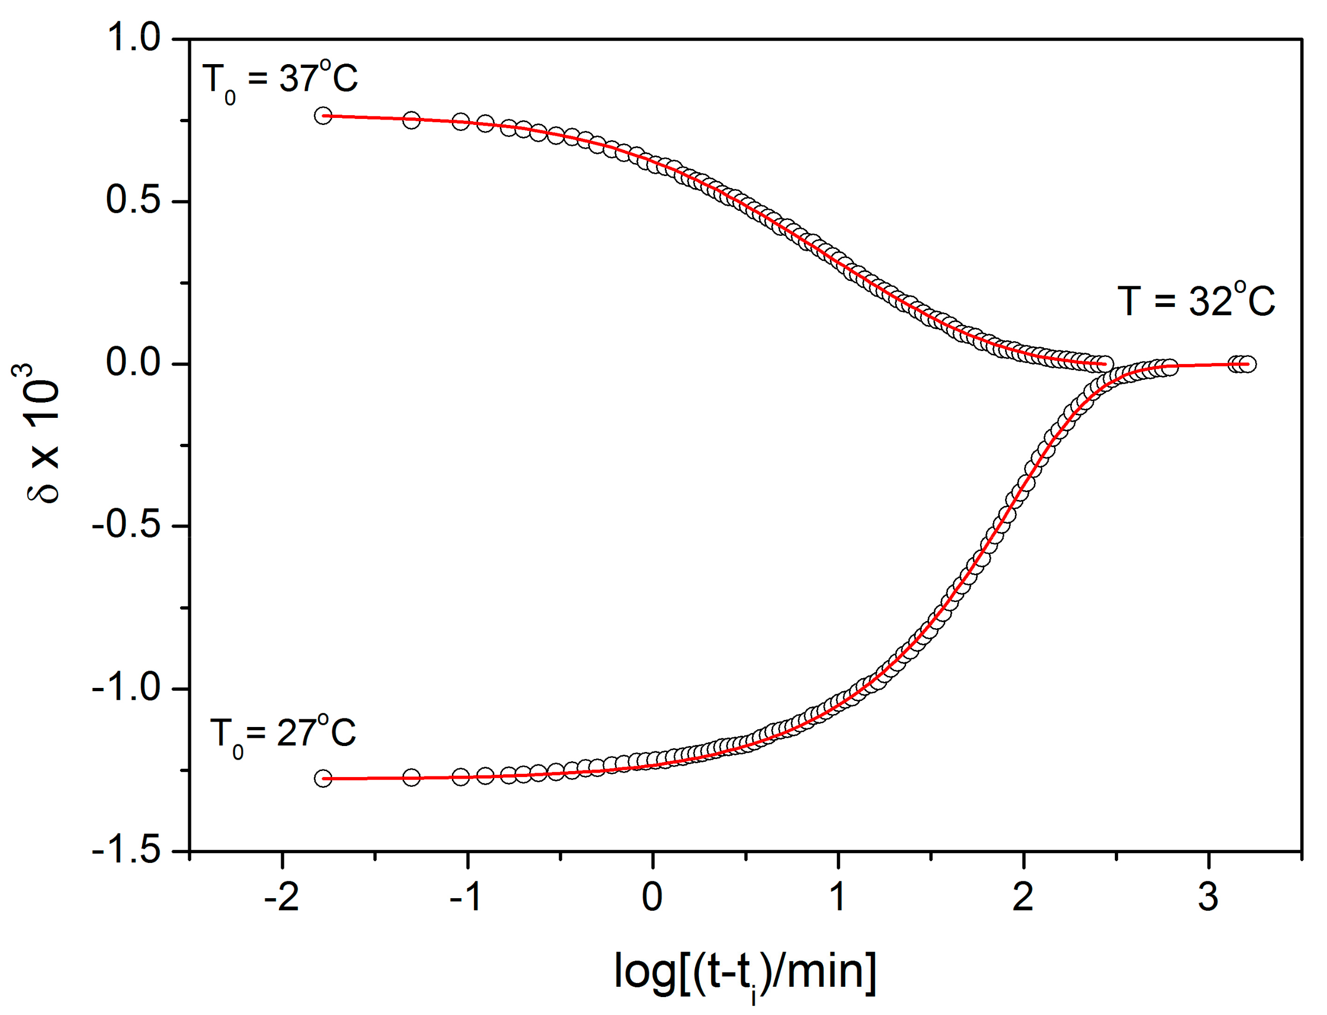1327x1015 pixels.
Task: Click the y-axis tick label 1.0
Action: point(133,37)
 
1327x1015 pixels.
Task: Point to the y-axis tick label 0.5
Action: point(133,200)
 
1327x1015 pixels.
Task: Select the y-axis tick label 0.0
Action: point(133,362)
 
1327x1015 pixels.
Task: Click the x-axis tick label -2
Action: point(282,897)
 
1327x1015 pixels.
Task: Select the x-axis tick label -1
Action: point(467,897)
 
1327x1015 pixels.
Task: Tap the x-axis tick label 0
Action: point(652,897)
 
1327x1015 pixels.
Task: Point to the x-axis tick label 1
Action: point(838,897)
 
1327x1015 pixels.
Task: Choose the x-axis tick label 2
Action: point(1023,897)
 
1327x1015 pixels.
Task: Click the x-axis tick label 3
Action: point(1208,897)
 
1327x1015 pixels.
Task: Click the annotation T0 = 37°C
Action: point(281,80)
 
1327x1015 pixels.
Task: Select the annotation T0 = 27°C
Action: point(282,735)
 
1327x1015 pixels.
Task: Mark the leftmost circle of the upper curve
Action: point(323,115)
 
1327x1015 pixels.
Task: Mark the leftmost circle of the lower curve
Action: point(323,778)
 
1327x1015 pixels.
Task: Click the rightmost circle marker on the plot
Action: point(1247,364)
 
